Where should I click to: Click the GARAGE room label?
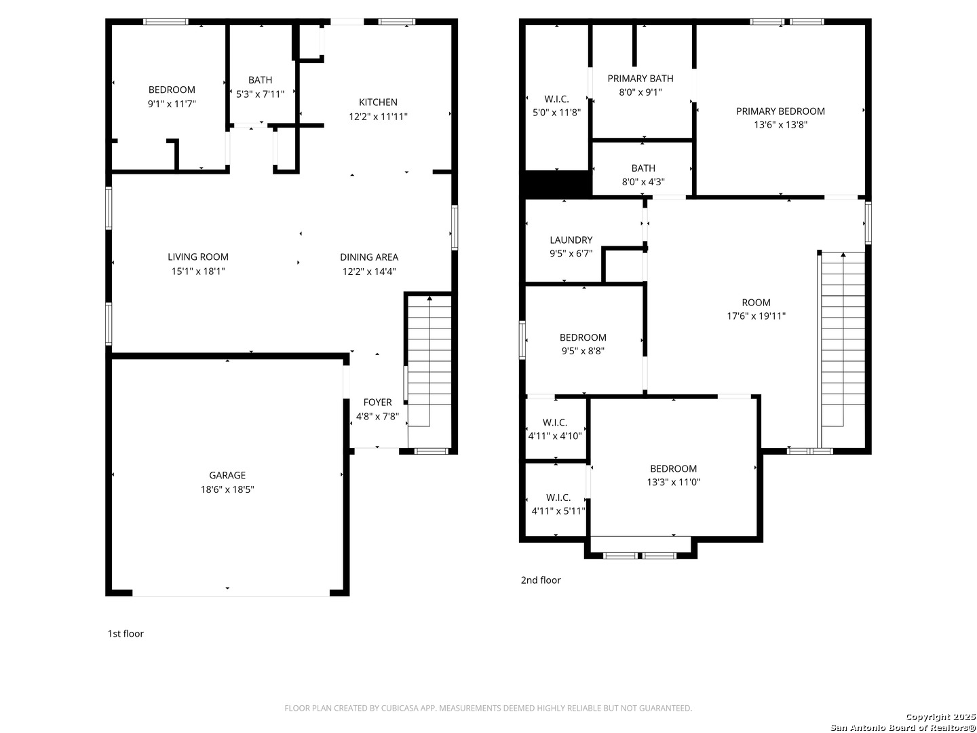(x=227, y=475)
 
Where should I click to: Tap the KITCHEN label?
(x=378, y=102)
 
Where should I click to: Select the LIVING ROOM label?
(x=198, y=257)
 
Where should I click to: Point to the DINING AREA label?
(x=369, y=257)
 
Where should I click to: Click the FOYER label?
(x=377, y=402)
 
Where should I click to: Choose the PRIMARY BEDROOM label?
(x=780, y=111)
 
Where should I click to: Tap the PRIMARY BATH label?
(x=640, y=78)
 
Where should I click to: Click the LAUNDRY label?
(x=571, y=240)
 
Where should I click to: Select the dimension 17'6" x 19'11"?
(x=756, y=316)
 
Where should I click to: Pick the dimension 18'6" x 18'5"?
(x=227, y=489)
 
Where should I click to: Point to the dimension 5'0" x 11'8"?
(x=556, y=113)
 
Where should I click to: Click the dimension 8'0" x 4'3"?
(x=643, y=182)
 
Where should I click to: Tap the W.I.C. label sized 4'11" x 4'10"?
(x=554, y=422)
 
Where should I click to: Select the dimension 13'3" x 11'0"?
(x=674, y=482)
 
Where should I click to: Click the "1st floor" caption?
(x=126, y=633)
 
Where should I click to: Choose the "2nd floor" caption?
(x=541, y=580)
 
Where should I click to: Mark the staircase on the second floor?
(x=843, y=350)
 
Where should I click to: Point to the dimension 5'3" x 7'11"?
(x=260, y=94)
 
